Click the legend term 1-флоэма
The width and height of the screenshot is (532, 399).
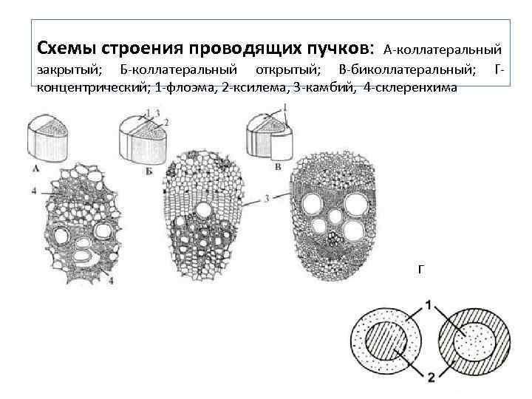pos(179,87)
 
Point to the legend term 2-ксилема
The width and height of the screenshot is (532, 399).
pos(242,87)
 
